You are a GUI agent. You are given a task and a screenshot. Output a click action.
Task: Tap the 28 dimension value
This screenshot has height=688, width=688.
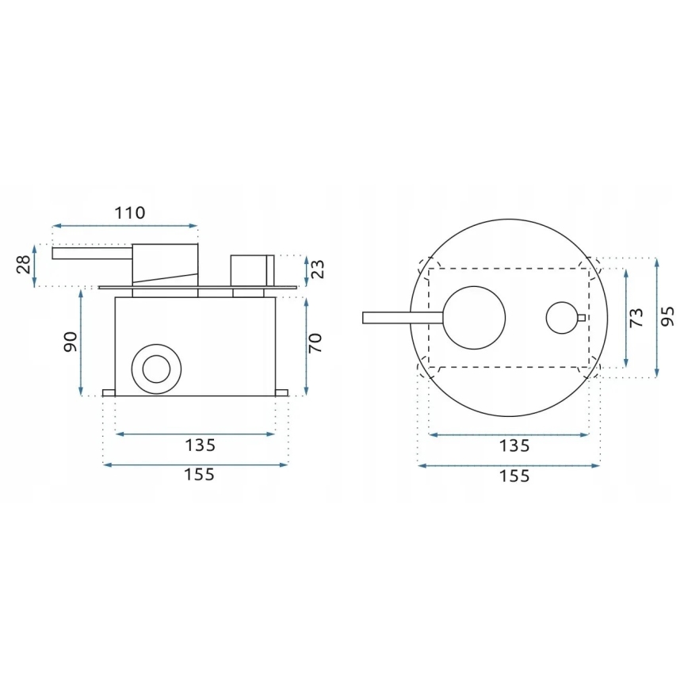pos(25,263)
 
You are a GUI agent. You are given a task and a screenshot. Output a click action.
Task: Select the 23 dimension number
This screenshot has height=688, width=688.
pos(317,269)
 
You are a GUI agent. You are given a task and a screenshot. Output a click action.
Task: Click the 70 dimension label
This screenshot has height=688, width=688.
pos(316,342)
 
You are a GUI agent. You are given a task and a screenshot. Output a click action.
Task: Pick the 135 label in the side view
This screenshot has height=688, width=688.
pos(199,446)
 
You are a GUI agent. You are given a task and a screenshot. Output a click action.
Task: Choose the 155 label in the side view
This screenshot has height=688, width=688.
pos(199,475)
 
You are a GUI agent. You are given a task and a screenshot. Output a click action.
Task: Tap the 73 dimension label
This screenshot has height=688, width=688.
pos(636,319)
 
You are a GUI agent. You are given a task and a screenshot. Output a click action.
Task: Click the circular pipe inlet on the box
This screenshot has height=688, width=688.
pos(155,369)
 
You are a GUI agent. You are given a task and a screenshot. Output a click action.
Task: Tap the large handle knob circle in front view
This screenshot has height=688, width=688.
pos(473,318)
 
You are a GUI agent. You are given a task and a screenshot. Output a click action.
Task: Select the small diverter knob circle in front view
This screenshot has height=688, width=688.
pos(562,318)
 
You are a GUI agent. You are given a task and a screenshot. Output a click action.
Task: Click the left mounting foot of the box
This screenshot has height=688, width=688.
pos(109,393)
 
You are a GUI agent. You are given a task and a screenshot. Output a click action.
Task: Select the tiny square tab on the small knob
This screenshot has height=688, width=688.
pos(582,319)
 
